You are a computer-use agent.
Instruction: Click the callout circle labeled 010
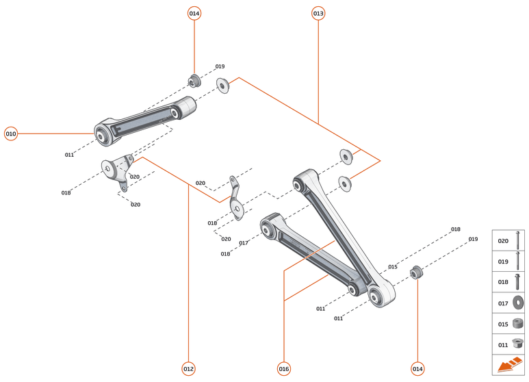11,133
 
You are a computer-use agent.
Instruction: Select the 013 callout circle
318,13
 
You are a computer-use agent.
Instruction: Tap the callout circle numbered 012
188,368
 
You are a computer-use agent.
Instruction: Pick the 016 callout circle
284,368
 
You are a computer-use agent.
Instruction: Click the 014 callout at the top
194,13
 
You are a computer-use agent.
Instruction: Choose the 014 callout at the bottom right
417,368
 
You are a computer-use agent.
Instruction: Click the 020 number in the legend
503,241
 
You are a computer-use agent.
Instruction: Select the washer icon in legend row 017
518,302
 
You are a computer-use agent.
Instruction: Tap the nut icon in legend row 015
518,323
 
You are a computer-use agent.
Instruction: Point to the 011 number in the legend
503,344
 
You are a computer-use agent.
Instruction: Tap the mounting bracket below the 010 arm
116,170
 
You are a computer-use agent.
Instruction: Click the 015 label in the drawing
393,266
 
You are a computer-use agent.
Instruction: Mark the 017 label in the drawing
244,243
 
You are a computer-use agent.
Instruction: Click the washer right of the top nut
223,86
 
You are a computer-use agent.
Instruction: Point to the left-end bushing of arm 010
103,134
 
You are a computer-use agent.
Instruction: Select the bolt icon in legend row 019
518,261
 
